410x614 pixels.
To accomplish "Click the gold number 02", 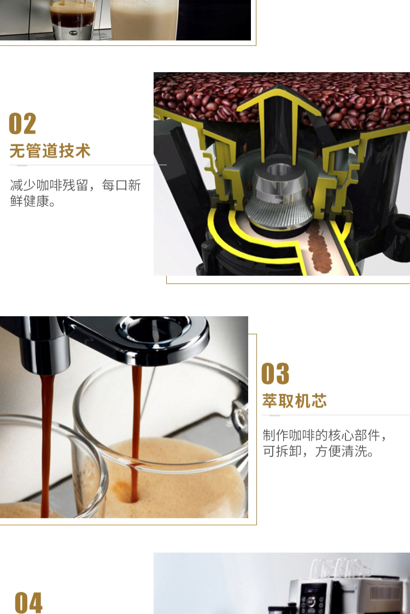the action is pos(22,123).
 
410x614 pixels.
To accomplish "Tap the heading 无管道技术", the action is pos(50,150).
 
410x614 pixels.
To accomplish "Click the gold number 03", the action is pos(276,373).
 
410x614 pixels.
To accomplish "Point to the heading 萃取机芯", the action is pos(295,401).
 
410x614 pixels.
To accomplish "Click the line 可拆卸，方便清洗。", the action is pos(318,451).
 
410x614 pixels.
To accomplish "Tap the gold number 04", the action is pos(28,603).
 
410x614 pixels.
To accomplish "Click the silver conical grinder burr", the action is pos(279,198).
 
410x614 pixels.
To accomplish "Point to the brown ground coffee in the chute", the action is pos(320,251).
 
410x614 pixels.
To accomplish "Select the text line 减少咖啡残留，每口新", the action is pos(75,185).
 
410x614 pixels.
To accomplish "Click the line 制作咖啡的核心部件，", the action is pos(325,435).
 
